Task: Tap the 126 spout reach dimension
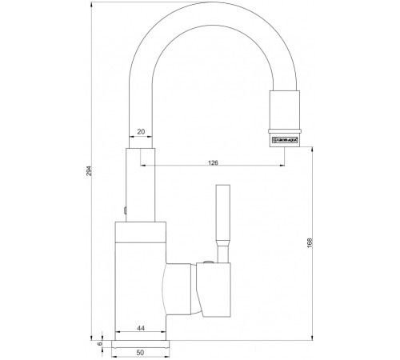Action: click(212, 162)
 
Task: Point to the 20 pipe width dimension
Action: click(141, 133)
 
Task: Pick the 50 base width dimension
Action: click(141, 351)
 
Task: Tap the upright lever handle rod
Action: click(221, 212)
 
